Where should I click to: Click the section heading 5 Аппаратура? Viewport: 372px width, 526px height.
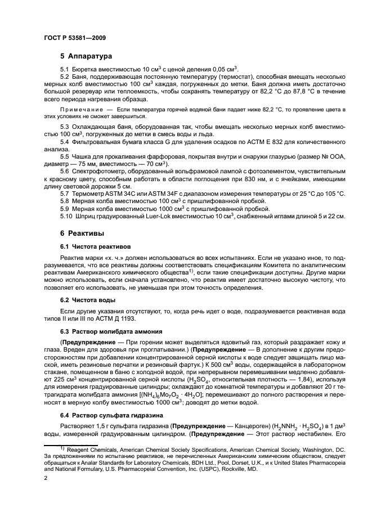point(86,56)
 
